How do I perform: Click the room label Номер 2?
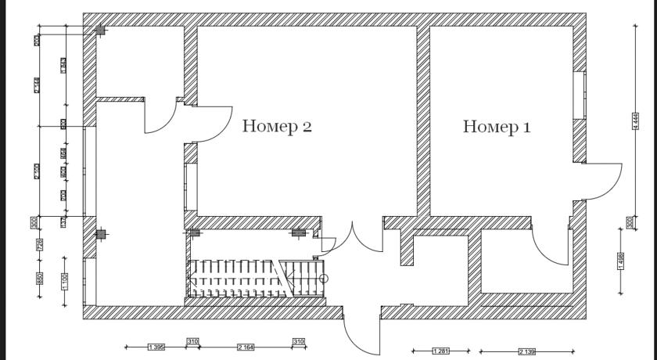tap(277, 126)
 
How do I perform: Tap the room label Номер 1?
tap(497, 126)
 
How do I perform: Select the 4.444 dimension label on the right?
tap(636, 121)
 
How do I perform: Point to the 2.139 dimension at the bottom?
tap(527, 352)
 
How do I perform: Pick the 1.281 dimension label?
tap(440, 351)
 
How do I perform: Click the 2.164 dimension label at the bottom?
tap(246, 347)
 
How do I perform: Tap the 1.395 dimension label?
tap(156, 347)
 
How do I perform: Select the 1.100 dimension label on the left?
tap(65, 279)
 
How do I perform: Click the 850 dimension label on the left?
tap(39, 279)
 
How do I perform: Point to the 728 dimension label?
tap(39, 245)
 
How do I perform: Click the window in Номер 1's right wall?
tap(580, 95)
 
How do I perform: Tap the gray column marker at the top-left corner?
tap(100, 31)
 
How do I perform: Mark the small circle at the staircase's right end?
tap(324, 278)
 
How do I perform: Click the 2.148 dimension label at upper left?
tap(38, 85)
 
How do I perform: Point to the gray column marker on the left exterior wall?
tap(100, 234)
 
